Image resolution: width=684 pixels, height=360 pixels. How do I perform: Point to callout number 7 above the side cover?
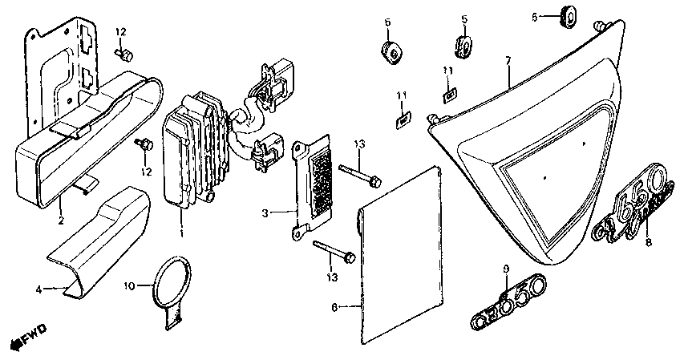(508, 61)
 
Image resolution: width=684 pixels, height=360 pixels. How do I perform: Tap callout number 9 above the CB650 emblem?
(507, 267)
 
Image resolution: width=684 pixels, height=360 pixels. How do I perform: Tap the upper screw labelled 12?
(125, 55)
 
